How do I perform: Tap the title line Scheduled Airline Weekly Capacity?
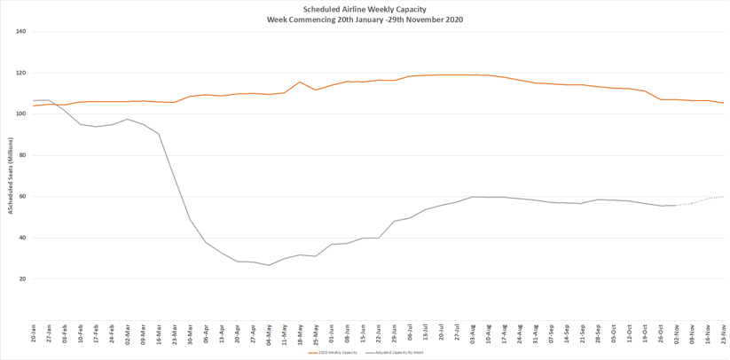(365, 10)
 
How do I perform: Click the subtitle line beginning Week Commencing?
(365, 20)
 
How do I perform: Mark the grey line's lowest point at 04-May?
(269, 265)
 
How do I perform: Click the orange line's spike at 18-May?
(300, 82)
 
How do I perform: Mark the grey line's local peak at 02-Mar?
(128, 119)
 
